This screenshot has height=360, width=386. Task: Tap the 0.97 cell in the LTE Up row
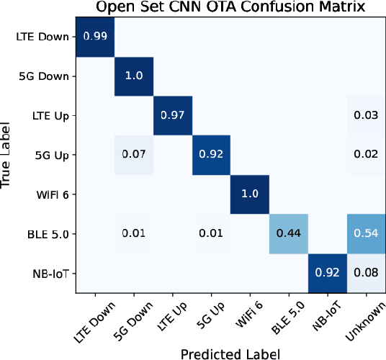pyautogui.click(x=172, y=115)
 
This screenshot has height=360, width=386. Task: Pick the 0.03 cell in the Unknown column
pyautogui.click(x=365, y=115)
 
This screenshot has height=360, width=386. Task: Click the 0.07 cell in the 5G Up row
pyautogui.click(x=134, y=154)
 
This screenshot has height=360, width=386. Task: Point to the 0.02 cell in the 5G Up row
pyautogui.click(x=365, y=154)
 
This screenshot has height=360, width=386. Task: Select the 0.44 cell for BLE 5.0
pyautogui.click(x=288, y=233)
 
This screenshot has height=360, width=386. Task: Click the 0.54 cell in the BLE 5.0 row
pyautogui.click(x=365, y=233)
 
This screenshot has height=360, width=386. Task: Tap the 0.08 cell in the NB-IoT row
pyautogui.click(x=365, y=273)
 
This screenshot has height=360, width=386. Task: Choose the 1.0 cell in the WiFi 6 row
pyautogui.click(x=249, y=194)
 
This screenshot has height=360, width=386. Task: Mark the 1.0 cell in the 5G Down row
pyautogui.click(x=134, y=76)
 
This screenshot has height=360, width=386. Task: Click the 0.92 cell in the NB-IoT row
pyautogui.click(x=326, y=273)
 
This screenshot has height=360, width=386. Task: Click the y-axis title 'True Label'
pyautogui.click(x=8, y=155)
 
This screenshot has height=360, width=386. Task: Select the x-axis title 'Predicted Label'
pyautogui.click(x=230, y=353)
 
